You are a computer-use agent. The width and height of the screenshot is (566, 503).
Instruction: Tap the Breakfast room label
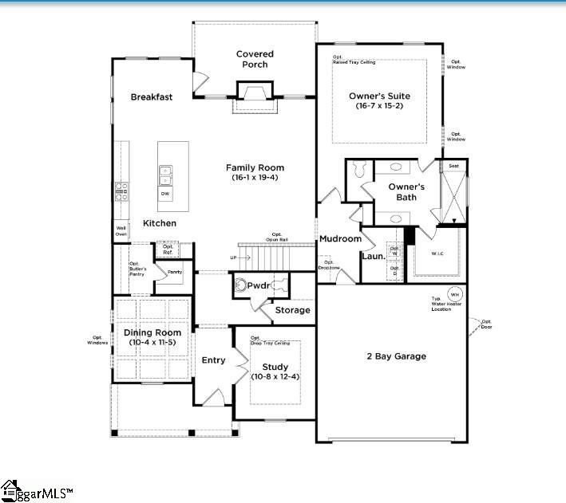(152, 97)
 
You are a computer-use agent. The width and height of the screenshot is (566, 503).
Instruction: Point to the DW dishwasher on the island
(165, 194)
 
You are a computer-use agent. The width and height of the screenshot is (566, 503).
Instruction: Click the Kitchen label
(160, 223)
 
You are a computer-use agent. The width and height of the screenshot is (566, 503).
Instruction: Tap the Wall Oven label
(121, 231)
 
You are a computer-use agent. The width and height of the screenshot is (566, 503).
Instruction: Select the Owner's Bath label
(406, 192)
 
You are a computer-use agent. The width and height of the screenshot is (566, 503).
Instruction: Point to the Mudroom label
(341, 238)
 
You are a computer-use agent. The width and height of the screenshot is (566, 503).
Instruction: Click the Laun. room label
(373, 257)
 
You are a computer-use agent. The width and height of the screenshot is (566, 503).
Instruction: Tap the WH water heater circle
(453, 293)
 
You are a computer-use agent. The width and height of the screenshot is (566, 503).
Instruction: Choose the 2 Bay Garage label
(396, 356)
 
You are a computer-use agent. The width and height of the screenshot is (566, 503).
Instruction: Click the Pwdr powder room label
(259, 285)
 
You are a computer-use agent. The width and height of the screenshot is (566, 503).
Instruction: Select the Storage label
(292, 310)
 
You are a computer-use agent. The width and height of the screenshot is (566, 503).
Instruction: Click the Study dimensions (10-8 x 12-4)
(275, 376)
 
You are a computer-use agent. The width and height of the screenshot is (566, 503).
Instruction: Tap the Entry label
(213, 360)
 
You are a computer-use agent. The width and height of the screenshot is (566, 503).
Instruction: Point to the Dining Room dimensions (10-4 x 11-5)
(152, 342)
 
